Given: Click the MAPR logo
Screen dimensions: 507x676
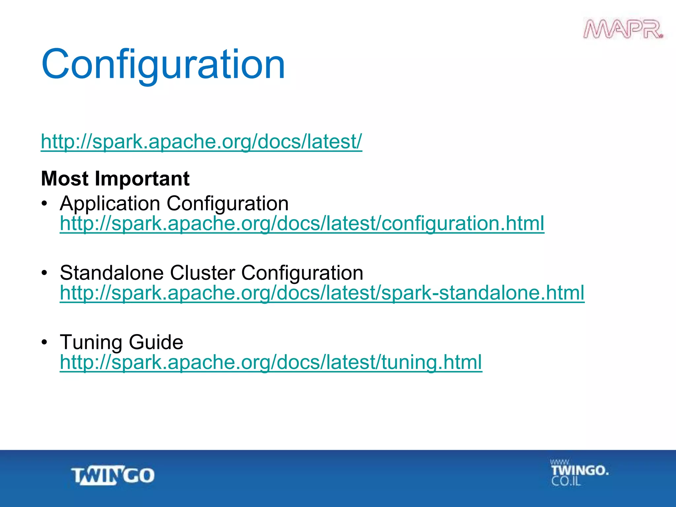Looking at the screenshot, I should click(x=623, y=30).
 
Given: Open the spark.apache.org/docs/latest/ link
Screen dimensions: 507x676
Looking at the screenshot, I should click(x=201, y=142).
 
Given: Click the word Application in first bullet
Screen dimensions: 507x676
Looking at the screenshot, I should click(x=110, y=203).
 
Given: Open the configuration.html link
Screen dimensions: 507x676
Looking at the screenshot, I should click(x=302, y=223).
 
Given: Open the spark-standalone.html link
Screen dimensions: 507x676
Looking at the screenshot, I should click(x=322, y=293).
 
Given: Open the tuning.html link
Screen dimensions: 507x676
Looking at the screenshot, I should click(x=271, y=362).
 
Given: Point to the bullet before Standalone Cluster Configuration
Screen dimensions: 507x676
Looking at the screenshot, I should click(x=45, y=273).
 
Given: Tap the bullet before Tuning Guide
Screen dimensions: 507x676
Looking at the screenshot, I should click(x=45, y=342).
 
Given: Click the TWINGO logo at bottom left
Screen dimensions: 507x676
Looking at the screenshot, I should click(x=113, y=476).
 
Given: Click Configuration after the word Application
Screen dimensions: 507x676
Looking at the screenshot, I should click(x=227, y=203).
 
